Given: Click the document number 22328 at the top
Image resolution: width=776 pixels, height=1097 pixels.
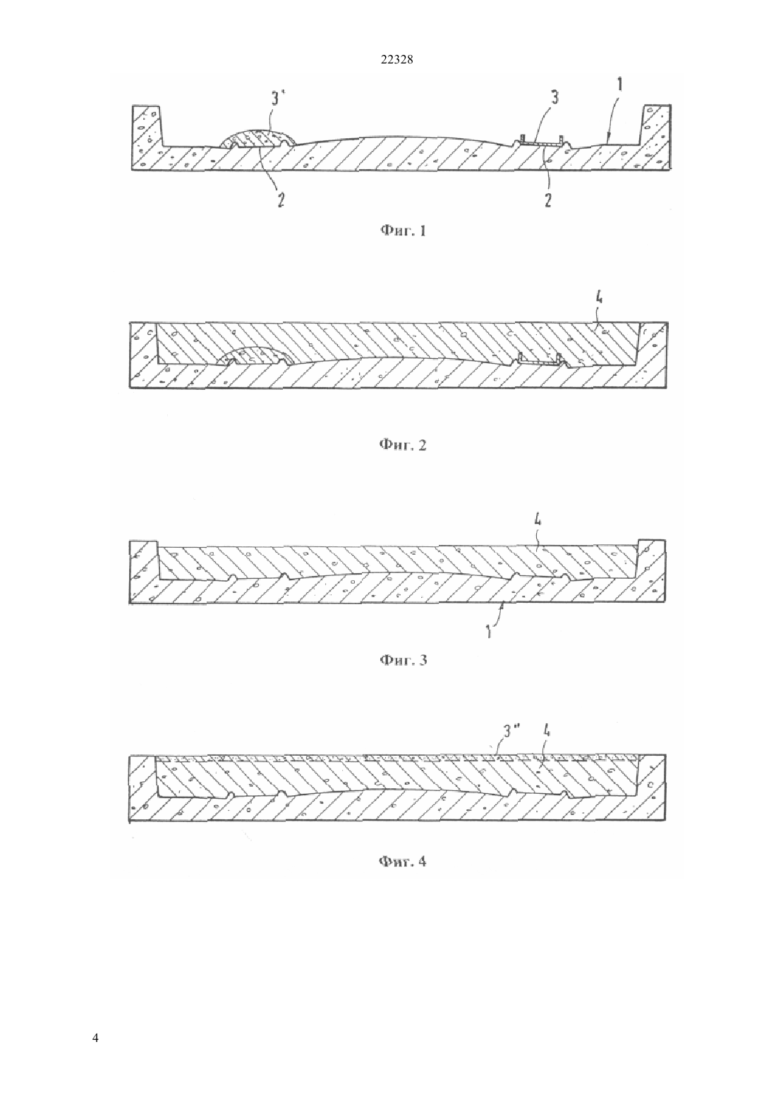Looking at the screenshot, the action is tap(396, 60).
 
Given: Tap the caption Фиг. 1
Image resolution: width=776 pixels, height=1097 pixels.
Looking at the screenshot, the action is tap(404, 231).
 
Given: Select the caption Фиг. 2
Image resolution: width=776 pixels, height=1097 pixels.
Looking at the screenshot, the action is tap(404, 445).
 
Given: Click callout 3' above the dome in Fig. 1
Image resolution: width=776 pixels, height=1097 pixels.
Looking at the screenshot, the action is tap(275, 99).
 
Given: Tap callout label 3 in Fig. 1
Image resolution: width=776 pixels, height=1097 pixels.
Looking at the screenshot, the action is tap(554, 97).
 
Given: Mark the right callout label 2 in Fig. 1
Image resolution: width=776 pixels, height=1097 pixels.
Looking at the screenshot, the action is tap(547, 200).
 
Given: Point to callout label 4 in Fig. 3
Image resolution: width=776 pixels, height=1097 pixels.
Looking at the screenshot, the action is tap(538, 519).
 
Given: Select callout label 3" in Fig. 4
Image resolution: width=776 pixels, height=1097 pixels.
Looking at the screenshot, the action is tap(512, 731).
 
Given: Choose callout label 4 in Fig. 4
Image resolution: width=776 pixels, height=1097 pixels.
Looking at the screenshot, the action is tap(547, 731).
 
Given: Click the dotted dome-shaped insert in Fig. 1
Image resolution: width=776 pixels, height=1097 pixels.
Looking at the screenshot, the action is tap(257, 137).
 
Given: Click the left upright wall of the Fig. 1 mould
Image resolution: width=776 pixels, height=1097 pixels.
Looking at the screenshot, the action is tap(147, 126).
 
